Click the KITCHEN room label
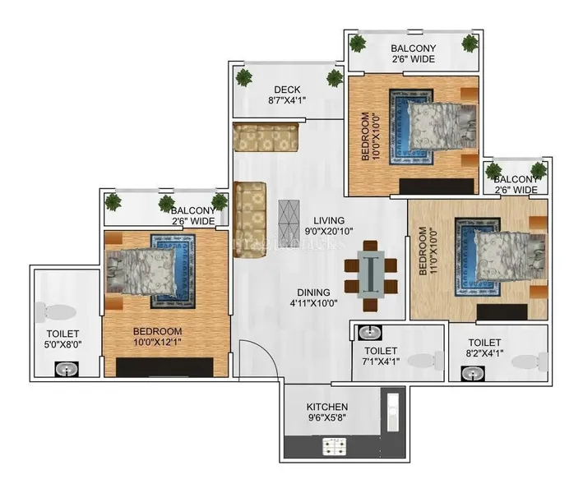[327, 407]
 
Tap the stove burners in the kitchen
[334, 446]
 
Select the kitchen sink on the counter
[392, 412]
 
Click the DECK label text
[287, 90]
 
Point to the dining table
[371, 274]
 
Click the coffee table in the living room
[289, 222]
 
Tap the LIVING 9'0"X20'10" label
[329, 225]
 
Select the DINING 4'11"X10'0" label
[313, 297]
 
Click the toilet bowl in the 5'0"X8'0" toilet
[56, 311]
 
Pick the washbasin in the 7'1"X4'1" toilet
[370, 333]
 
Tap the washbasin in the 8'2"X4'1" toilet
[473, 373]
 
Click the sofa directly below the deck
[266, 136]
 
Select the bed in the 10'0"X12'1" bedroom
[141, 271]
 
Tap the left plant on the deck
[244, 77]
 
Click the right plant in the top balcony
[470, 43]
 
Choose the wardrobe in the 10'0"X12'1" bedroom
[164, 367]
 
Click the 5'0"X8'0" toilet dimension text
[62, 344]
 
